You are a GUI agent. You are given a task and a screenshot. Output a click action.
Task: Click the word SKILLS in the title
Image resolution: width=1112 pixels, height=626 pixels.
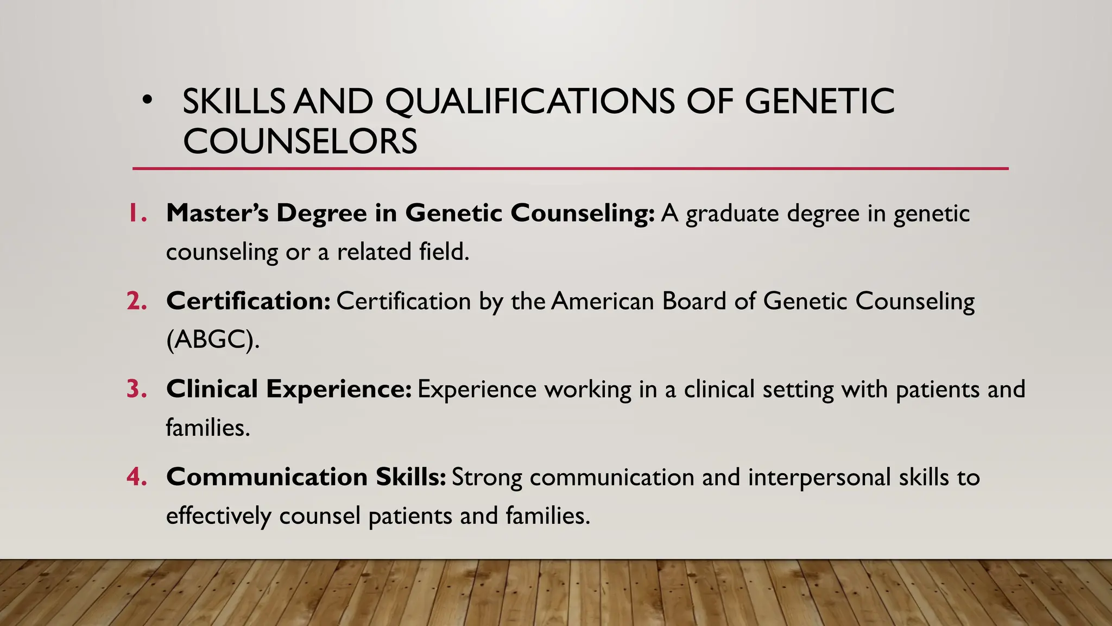tap(233, 102)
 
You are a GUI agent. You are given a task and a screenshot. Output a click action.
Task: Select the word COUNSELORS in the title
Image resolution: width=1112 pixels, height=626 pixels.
tap(300, 141)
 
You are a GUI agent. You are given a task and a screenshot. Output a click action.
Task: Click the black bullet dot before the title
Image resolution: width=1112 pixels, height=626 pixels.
tap(146, 100)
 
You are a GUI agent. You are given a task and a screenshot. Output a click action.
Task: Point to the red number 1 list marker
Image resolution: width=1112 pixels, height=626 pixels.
tap(137, 213)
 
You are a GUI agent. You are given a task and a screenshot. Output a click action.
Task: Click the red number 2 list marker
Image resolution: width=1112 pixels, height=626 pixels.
tap(137, 301)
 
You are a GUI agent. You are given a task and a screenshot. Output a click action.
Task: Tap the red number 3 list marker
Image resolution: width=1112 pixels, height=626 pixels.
tap(137, 389)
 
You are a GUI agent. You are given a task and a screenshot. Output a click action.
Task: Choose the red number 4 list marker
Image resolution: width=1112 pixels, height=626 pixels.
tap(137, 477)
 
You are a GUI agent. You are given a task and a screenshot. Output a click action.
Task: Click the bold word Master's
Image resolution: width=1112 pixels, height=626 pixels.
tap(217, 213)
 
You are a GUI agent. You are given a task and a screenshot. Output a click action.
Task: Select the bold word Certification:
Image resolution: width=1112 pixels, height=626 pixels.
tap(248, 301)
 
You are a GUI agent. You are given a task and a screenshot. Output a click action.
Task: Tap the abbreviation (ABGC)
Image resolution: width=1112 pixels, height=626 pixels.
tap(213, 340)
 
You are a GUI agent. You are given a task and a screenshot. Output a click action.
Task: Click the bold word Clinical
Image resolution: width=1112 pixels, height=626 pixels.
tap(212, 389)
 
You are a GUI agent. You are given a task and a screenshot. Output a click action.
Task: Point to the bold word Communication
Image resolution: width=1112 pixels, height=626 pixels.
tap(267, 477)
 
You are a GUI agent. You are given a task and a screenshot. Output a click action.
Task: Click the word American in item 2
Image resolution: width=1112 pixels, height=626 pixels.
tap(603, 301)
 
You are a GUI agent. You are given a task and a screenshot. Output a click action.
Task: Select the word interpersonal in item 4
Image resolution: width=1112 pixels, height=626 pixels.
tap(819, 477)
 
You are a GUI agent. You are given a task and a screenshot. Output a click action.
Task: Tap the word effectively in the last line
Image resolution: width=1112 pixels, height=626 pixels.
tap(218, 516)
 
